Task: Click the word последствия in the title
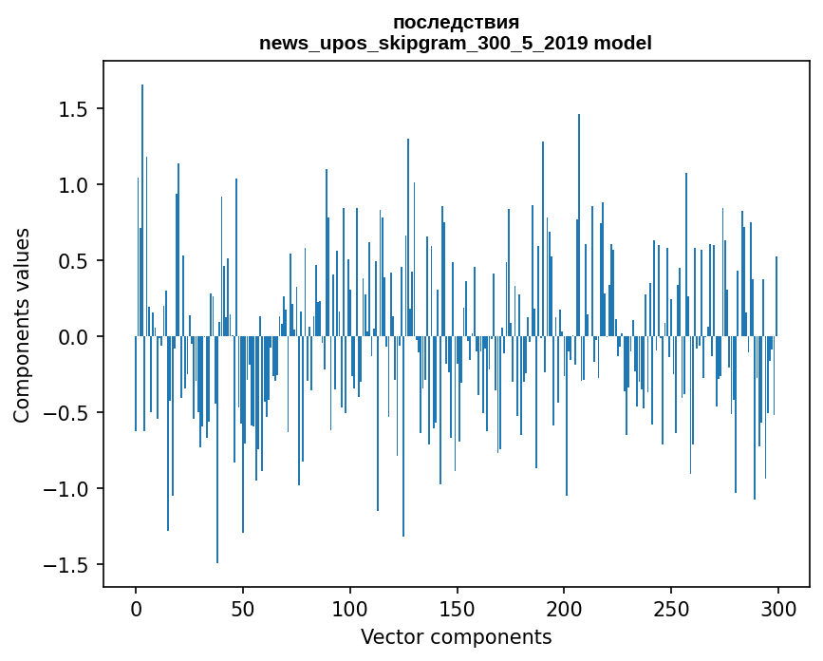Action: click(456, 23)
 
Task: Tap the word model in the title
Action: click(624, 44)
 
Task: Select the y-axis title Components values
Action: click(22, 325)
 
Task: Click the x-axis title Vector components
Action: click(456, 636)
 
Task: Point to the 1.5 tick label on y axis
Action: click(71, 109)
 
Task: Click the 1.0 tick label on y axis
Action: click(71, 185)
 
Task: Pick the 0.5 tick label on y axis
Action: click(71, 261)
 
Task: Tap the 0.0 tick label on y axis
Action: click(71, 337)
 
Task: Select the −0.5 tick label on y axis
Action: click(65, 413)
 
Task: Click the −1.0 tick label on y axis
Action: click(65, 489)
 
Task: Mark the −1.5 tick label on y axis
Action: click(65, 565)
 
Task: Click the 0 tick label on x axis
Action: click(136, 608)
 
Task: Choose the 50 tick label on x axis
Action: click(243, 608)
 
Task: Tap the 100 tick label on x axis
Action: click(350, 608)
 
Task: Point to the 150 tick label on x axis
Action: click(457, 608)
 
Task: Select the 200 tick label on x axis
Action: click(564, 608)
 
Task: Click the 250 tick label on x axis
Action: click(671, 608)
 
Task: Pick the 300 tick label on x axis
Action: click(778, 608)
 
